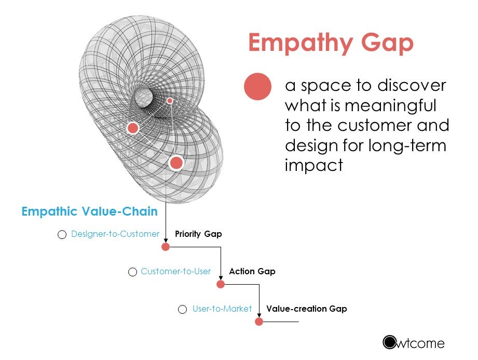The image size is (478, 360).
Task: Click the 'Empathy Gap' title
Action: pos(331,43)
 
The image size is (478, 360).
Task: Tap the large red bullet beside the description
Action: pos(258,86)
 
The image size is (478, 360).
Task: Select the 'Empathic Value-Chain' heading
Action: pos(89,211)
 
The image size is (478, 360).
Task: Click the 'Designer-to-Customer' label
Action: pos(115,234)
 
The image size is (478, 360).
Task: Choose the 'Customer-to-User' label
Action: pos(175,271)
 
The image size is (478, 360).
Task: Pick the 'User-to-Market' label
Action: pos(222,309)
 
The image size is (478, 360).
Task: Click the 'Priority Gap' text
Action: pos(198,234)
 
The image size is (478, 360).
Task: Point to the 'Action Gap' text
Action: pos(252,271)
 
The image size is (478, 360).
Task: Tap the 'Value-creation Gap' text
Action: pos(306,309)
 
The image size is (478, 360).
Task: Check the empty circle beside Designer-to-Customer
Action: pos(62,235)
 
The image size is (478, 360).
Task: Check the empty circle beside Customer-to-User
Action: pos(133,272)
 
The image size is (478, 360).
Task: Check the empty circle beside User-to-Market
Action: pos(182,310)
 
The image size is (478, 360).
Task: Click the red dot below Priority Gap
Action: pos(166,247)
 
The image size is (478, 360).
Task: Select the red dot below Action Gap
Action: pos(221,284)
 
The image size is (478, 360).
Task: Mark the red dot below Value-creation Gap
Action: pos(259,322)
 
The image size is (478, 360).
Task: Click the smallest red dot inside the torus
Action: pos(170,100)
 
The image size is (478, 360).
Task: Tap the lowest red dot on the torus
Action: pos(176,163)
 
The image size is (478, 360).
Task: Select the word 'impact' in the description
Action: pos(313,165)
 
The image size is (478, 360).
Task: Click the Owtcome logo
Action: pos(414,342)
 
